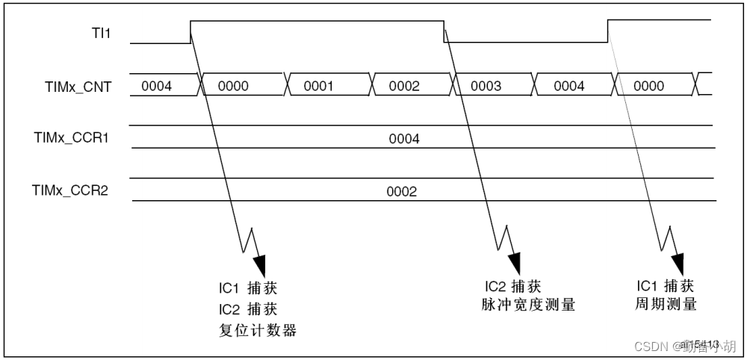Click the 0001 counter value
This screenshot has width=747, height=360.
pos(318,86)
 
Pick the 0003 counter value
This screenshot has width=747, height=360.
pos(486,86)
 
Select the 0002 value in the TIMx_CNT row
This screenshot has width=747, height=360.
pos(405,86)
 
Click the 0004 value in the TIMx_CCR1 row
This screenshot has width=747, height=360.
pos(404,138)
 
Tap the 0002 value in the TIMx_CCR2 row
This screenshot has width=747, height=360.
pos(401,190)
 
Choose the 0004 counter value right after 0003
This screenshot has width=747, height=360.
pos(569,86)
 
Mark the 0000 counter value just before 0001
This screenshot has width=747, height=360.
pos(233,86)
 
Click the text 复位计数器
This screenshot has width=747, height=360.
pos(258,330)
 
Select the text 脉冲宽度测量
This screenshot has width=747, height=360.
pos(530,305)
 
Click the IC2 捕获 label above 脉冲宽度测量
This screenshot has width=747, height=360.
pos(512,286)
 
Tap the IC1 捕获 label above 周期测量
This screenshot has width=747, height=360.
pos(666,286)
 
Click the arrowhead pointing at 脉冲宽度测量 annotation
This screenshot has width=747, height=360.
pos(514,264)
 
